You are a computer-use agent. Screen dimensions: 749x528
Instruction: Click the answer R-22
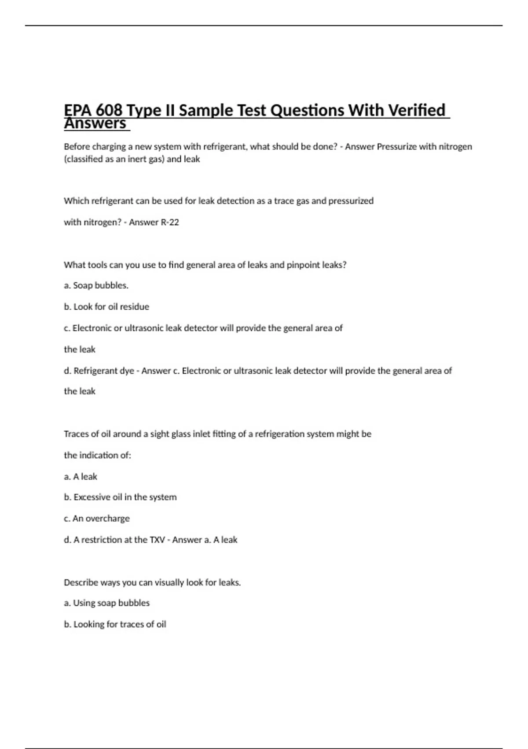click(x=170, y=222)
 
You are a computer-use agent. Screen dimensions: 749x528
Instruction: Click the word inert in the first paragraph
click(x=139, y=159)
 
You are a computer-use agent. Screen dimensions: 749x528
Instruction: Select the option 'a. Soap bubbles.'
click(x=96, y=286)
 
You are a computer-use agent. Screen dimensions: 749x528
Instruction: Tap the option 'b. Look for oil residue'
click(x=106, y=307)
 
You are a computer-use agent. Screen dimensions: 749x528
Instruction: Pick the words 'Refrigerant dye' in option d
click(x=104, y=371)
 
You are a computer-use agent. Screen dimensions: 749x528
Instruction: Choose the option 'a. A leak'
click(x=81, y=477)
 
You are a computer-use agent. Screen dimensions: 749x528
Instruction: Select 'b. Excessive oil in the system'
click(x=120, y=497)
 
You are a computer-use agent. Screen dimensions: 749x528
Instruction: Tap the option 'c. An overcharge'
click(x=97, y=519)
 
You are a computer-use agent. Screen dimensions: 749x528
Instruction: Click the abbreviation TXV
click(x=157, y=540)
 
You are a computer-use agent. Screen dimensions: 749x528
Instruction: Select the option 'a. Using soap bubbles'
click(x=106, y=603)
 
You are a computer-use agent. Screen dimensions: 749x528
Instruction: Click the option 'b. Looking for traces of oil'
click(x=115, y=624)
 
